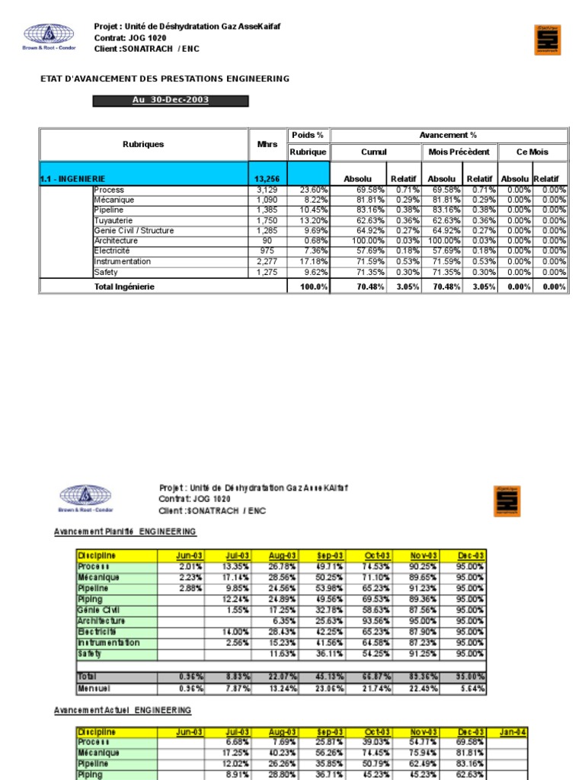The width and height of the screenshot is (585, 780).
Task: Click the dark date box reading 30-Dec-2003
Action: click(171, 101)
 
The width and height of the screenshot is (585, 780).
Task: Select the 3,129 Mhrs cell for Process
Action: click(267, 190)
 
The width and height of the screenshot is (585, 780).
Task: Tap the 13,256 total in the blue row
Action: click(267, 179)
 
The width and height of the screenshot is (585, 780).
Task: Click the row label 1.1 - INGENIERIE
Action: click(72, 179)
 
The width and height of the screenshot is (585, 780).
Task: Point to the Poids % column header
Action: click(308, 135)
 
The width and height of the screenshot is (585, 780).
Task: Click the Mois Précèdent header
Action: click(459, 152)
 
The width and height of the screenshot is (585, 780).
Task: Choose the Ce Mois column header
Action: click(532, 152)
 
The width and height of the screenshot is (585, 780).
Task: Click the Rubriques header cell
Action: click(143, 143)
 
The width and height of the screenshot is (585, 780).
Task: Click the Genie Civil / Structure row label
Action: click(133, 231)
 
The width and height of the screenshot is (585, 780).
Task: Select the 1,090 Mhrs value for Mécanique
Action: click(267, 200)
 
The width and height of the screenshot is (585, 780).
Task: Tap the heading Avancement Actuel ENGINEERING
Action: click(122, 710)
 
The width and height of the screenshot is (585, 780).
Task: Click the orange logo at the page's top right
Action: click(548, 40)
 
